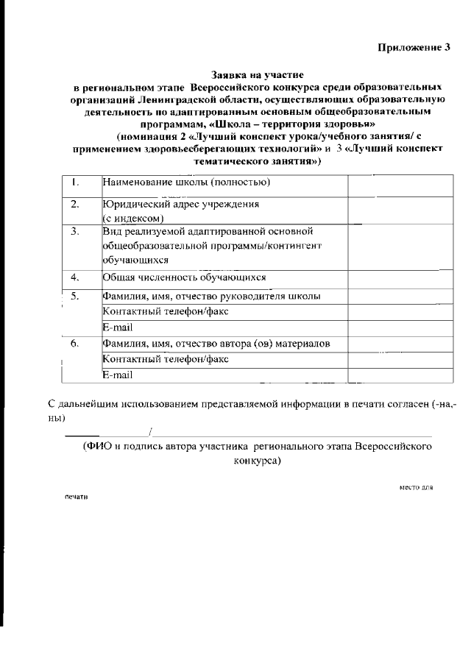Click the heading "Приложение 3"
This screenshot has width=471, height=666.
[414, 48]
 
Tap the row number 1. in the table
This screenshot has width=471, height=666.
[75, 183]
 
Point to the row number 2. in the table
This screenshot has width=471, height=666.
[75, 205]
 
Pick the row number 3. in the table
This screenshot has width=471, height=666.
[75, 232]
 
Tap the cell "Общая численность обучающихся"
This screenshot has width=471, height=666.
[184, 277]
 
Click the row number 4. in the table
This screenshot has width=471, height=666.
[75, 278]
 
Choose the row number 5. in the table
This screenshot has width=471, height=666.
[75, 297]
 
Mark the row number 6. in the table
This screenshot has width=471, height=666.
[75, 344]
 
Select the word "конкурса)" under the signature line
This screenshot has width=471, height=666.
[257, 460]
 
